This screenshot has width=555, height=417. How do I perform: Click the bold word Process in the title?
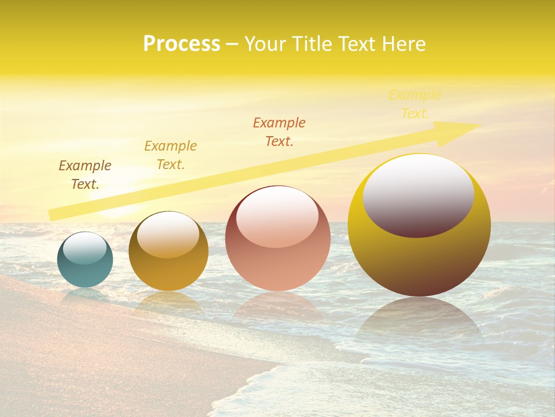[x=182, y=44]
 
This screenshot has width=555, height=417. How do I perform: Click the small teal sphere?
[x=85, y=269]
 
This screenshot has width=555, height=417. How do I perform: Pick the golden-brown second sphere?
[x=168, y=272]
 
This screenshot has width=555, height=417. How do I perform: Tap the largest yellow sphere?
[x=419, y=261]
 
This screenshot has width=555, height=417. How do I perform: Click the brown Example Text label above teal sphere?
[x=85, y=175]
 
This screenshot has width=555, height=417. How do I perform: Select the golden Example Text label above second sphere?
[x=171, y=155]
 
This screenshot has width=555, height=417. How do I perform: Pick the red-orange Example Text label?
[x=279, y=132]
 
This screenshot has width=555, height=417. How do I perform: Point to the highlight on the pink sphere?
[x=277, y=217]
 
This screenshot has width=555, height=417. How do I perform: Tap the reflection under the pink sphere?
[x=277, y=307]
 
